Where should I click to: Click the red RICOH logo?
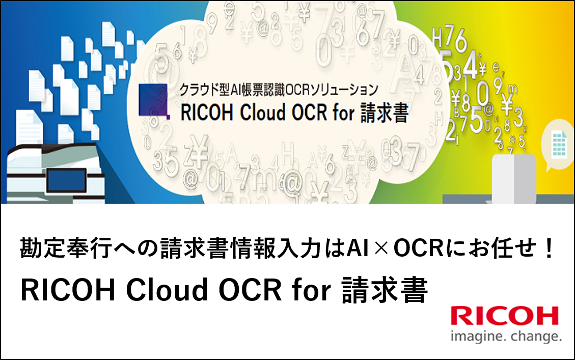(505, 316)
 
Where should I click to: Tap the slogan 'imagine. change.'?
(506, 336)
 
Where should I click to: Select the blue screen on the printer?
(67, 180)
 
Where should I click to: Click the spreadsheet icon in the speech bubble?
(559, 145)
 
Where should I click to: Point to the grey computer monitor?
(514, 178)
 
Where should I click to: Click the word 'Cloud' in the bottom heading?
(167, 290)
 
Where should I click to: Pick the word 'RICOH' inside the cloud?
(207, 113)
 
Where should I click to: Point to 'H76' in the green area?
(450, 40)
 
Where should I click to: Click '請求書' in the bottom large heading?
(385, 290)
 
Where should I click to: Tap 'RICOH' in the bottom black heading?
(68, 290)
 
